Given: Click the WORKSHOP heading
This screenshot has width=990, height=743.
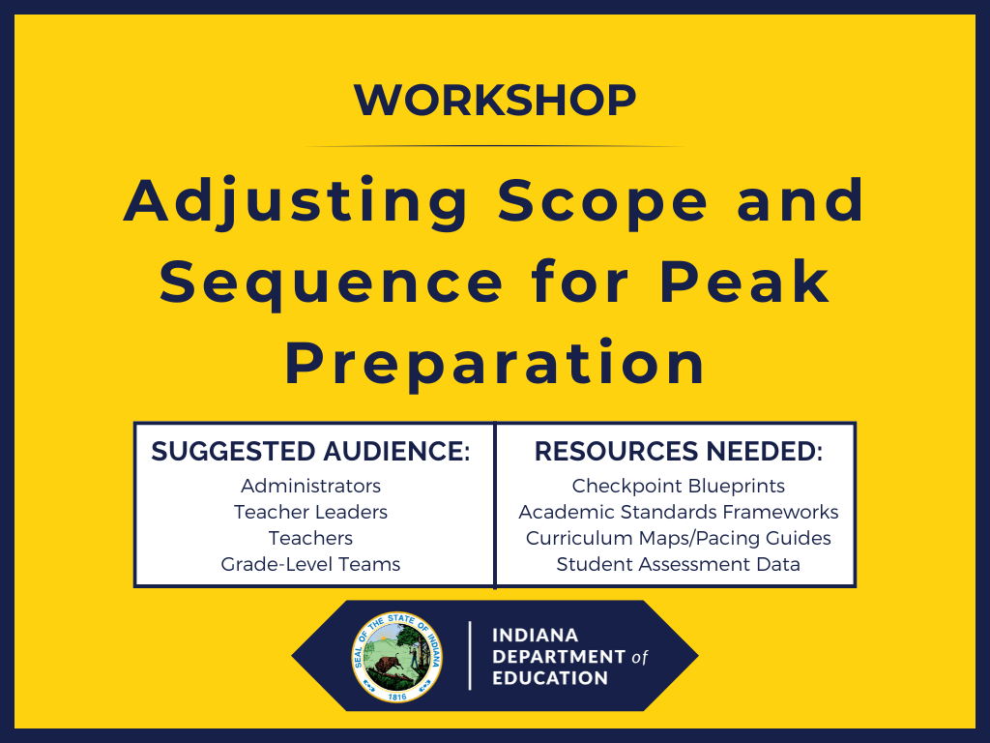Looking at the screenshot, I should pyautogui.click(x=494, y=100).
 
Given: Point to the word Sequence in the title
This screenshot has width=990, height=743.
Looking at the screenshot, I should pyautogui.click(x=332, y=282).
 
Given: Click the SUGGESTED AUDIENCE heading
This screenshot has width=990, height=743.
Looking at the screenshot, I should pyautogui.click(x=310, y=452).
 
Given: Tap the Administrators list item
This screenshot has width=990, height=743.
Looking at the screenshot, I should pyautogui.click(x=310, y=486).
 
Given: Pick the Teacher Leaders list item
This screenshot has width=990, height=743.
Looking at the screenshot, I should pyautogui.click(x=310, y=512).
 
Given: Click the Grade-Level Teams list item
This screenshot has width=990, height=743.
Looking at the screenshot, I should pyautogui.click(x=310, y=564).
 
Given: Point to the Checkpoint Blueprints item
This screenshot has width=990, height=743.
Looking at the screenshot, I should pyautogui.click(x=678, y=486).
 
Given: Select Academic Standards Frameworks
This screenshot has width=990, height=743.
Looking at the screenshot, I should pyautogui.click(x=678, y=512).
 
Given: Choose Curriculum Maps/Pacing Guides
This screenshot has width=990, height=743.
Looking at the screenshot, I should pyautogui.click(x=678, y=538).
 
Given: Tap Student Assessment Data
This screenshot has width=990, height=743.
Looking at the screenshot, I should pyautogui.click(x=678, y=564).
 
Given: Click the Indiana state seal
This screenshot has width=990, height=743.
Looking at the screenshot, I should pyautogui.click(x=396, y=656).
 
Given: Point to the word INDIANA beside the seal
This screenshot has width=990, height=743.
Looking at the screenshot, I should pyautogui.click(x=535, y=636).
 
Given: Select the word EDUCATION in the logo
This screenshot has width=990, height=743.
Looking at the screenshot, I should pyautogui.click(x=550, y=678).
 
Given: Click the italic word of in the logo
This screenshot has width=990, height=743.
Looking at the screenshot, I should pyautogui.click(x=639, y=658).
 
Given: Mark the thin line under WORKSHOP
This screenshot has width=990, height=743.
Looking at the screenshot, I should pyautogui.click(x=494, y=146).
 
